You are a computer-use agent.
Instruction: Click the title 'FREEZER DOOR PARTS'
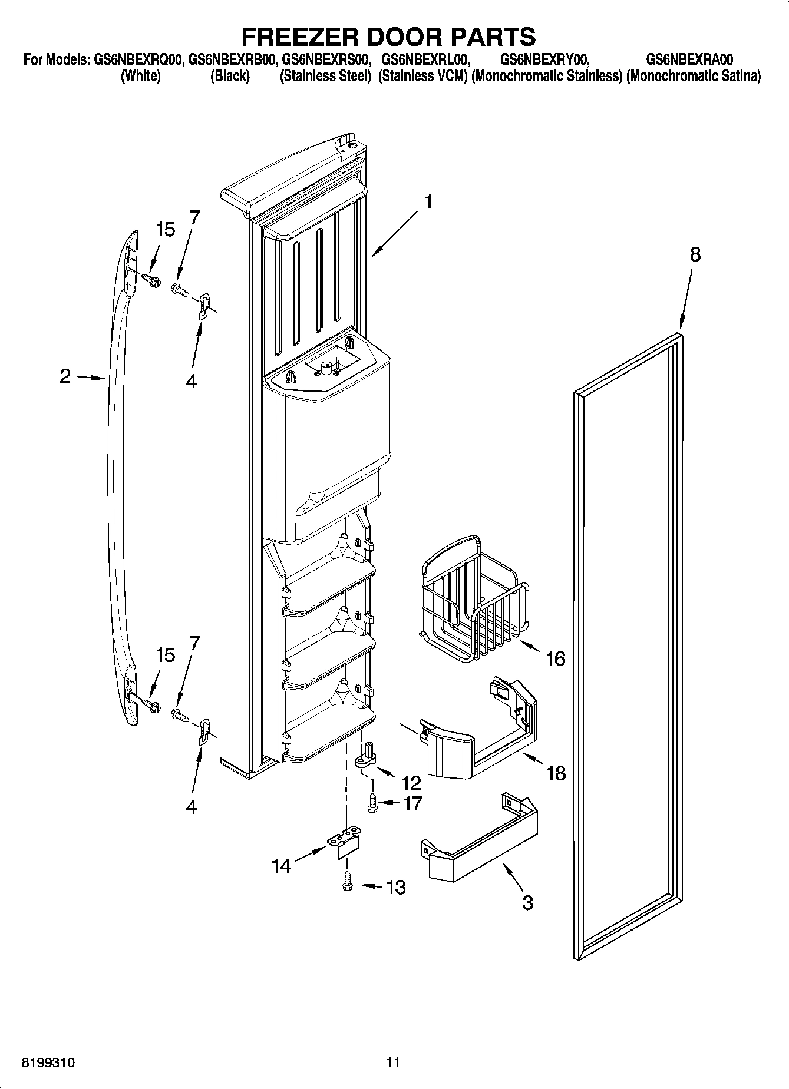(388, 37)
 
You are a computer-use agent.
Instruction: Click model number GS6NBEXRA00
(689, 59)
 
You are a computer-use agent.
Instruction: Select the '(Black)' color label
(230, 77)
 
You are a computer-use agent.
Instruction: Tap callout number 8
(695, 254)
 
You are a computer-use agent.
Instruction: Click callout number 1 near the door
(428, 203)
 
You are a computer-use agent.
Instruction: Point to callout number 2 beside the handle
(65, 376)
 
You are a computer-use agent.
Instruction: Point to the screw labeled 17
(372, 803)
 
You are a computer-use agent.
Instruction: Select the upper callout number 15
(166, 230)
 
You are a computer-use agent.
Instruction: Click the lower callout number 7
(194, 643)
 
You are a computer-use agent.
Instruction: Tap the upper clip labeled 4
(203, 307)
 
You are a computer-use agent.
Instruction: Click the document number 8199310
(48, 1062)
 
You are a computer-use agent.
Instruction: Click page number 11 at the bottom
(394, 1062)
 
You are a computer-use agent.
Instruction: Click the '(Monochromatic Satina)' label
(694, 77)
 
